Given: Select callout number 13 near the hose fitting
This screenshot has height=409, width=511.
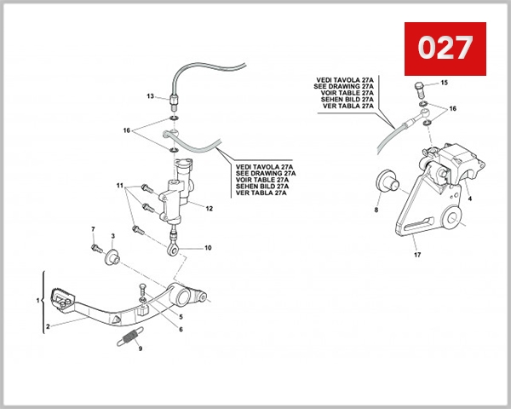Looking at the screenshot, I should [149, 97].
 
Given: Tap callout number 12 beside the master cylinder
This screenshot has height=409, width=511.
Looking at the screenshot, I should [209, 209].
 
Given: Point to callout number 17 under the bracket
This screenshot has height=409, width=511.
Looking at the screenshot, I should [417, 254].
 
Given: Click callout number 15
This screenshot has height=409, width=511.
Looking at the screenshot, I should [444, 83].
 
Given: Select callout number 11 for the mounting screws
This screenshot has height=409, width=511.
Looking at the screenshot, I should [121, 185].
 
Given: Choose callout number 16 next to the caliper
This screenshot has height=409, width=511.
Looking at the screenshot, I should [453, 109].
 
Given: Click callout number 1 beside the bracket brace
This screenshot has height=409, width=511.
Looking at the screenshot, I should [37, 301].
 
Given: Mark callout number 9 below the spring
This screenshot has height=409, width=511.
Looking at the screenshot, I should [141, 349].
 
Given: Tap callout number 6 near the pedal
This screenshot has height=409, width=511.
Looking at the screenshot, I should [180, 328].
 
